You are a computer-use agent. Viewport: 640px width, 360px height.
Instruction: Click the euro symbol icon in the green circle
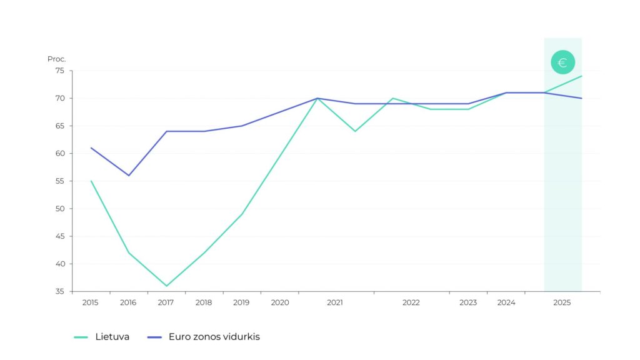(x=562, y=62)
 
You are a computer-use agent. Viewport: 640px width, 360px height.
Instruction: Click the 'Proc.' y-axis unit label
(x=56, y=59)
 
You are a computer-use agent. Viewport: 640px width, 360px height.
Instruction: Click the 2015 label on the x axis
(x=91, y=302)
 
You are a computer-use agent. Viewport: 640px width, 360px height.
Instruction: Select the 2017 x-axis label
(x=166, y=302)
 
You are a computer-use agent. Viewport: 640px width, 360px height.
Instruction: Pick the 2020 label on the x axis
(x=279, y=302)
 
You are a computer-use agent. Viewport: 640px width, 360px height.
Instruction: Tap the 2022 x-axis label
(x=411, y=302)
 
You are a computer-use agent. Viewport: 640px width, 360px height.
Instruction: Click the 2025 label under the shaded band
(x=562, y=302)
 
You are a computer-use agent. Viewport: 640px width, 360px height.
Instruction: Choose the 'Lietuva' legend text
(x=112, y=337)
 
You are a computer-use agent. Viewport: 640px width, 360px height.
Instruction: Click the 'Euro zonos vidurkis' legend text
(x=214, y=337)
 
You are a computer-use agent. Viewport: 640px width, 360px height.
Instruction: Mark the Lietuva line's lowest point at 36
(x=166, y=286)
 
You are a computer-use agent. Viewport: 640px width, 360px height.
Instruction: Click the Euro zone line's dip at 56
(x=129, y=175)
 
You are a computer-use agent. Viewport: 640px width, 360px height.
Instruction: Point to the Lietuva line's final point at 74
(x=582, y=76)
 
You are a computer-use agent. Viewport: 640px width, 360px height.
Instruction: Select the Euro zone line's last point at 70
(x=582, y=98)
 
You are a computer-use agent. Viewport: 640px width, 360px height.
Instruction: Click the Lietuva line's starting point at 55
(x=91, y=181)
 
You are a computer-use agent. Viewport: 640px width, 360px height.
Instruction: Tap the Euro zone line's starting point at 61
(x=91, y=148)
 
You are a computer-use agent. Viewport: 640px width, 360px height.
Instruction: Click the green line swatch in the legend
(x=81, y=337)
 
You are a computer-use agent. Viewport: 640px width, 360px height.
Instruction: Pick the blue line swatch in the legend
(x=154, y=337)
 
